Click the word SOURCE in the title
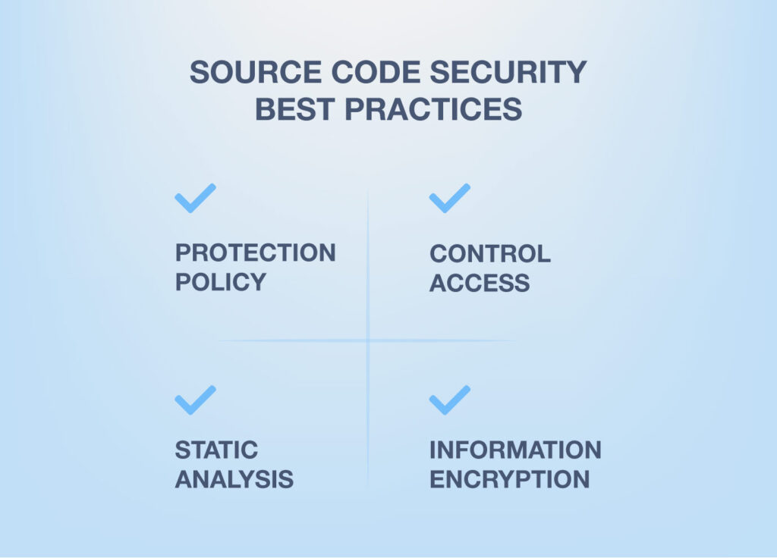point(256,72)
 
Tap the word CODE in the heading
point(376,72)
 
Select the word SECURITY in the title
point(508,72)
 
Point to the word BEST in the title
point(294,109)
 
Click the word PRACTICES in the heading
point(433,109)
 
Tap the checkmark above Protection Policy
point(195,198)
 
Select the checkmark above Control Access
point(449,198)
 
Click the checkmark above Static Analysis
point(195,400)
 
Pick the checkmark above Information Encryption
point(449,400)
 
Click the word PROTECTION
point(255,253)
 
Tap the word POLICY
point(221,282)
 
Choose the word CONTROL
point(490,254)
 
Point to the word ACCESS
point(480,284)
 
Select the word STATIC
point(216,450)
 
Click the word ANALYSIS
point(234,479)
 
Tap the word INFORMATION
point(515,450)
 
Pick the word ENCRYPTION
point(509,479)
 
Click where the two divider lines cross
point(368,340)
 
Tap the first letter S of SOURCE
point(200,72)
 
